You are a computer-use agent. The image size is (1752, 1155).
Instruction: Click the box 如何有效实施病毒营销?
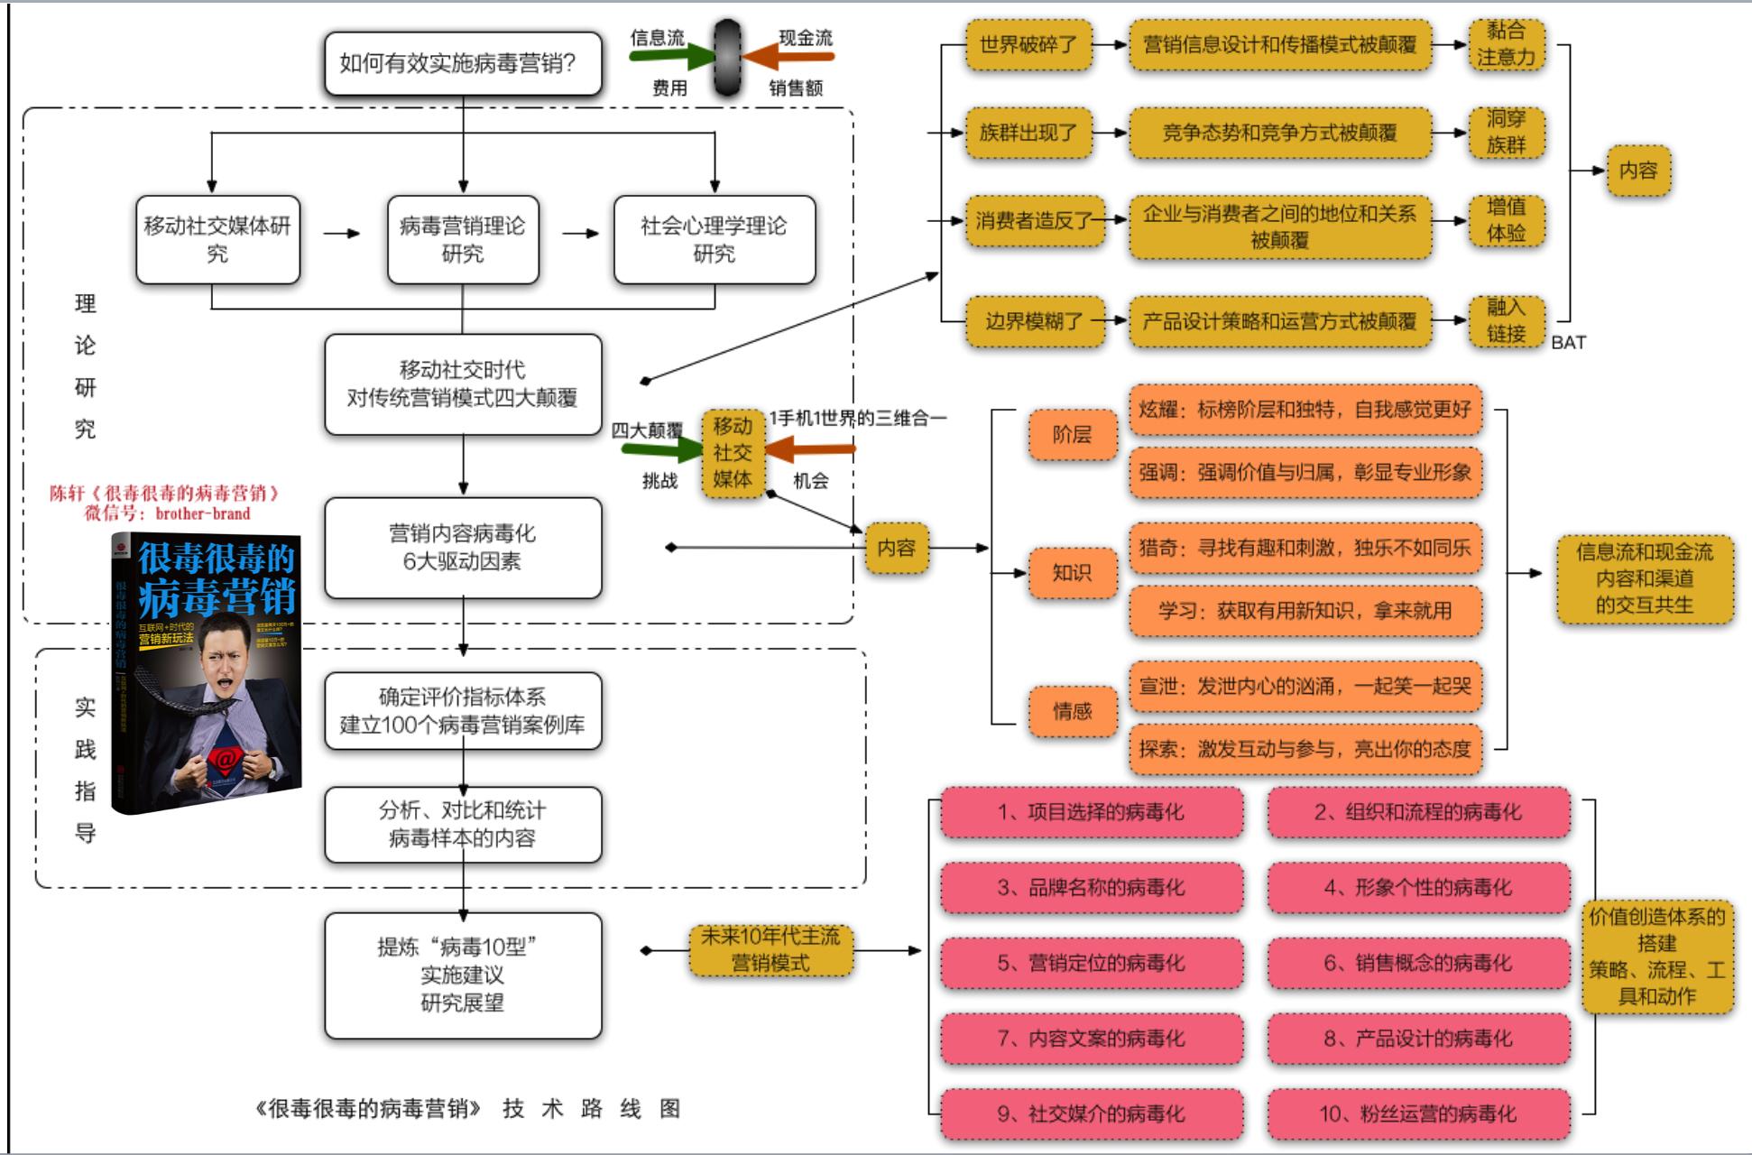point(463,64)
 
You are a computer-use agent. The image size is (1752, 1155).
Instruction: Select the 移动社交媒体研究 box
point(217,239)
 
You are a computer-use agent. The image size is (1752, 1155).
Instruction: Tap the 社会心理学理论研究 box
point(714,239)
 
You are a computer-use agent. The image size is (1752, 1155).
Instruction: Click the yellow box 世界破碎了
point(1028,44)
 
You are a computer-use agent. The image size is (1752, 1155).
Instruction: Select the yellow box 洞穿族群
point(1506,132)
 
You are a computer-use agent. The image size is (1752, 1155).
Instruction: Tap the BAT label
point(1568,343)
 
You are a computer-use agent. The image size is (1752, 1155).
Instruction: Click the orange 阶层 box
point(1072,435)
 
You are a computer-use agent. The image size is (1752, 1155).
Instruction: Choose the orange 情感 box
point(1072,711)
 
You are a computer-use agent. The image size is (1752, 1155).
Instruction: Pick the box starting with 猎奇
point(1305,547)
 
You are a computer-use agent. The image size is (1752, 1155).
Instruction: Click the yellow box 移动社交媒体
point(732,452)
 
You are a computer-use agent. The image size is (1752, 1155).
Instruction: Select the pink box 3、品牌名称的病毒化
point(1092,888)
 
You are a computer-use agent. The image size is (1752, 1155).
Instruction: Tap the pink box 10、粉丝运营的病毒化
point(1418,1113)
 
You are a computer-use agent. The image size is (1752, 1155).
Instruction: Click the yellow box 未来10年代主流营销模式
point(770,949)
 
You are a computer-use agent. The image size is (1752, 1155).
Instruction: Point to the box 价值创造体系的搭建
point(1656,956)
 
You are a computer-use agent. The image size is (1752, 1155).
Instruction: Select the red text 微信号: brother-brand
point(167,513)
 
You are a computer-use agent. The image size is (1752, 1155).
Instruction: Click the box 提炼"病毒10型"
point(463,975)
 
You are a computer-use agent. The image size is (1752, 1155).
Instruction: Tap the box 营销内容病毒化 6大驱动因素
point(463,548)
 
